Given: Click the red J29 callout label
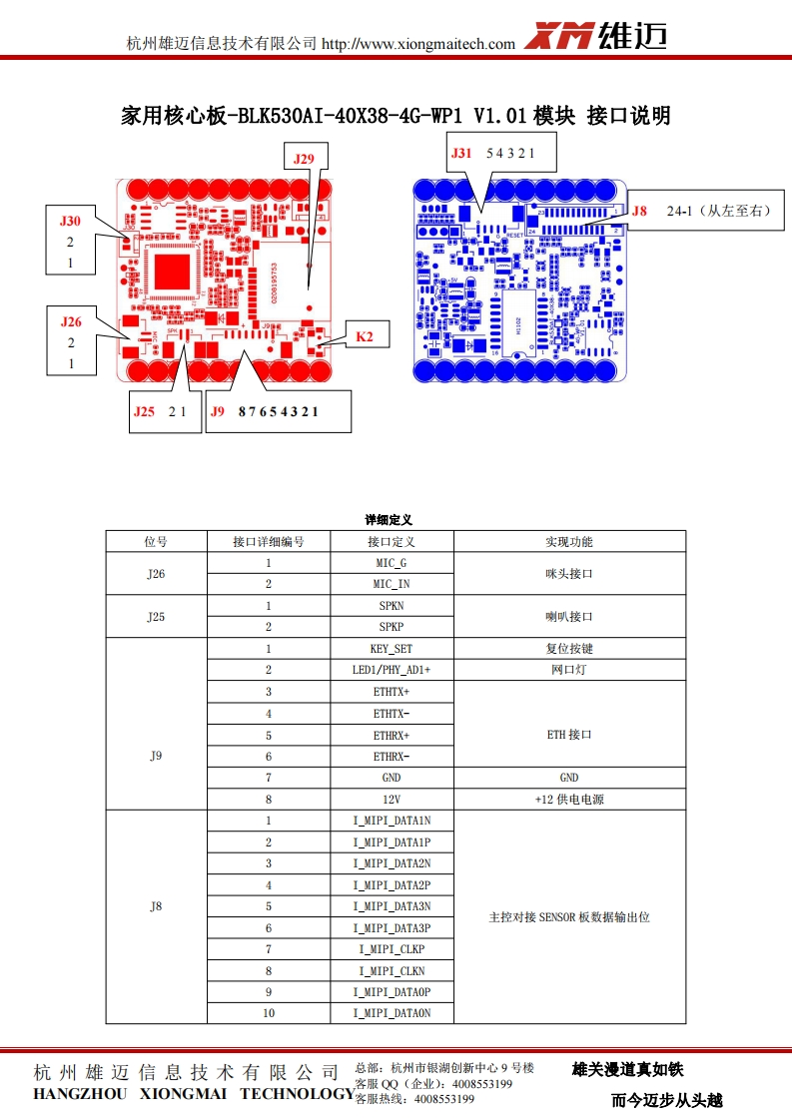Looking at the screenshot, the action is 304,158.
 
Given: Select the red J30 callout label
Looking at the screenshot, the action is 70,221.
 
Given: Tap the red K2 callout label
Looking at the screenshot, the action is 366,337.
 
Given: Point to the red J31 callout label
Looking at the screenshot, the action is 460,153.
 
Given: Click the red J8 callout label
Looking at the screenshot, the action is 639,211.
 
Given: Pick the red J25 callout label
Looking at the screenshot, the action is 145,410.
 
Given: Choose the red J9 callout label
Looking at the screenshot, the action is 218,410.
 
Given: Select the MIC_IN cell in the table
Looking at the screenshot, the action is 391,584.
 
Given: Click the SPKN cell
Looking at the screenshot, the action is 391,606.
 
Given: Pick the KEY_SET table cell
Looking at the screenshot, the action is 391,649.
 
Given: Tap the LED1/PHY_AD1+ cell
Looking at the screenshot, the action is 391,670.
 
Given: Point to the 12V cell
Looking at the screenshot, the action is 391,799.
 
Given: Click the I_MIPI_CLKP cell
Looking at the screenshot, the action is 391,949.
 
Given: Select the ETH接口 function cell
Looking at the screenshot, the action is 569,734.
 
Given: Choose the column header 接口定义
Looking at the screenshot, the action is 391,542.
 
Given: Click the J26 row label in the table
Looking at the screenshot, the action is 156,574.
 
